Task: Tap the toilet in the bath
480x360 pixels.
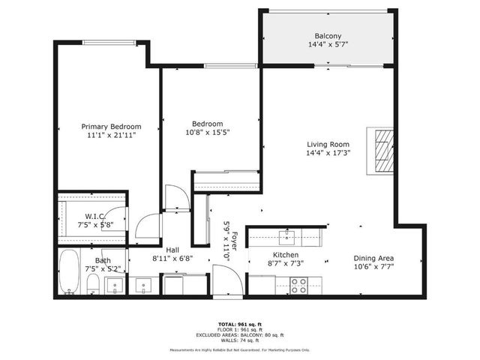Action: (93, 283)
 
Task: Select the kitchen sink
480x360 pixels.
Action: (286, 238)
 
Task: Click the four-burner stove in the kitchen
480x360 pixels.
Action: (298, 285)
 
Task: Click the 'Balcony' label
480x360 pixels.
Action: (328, 36)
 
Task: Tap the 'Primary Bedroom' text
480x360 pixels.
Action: (111, 127)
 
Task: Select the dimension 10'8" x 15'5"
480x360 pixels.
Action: (207, 133)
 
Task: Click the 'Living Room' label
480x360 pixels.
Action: (328, 145)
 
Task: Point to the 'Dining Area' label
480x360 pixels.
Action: (374, 256)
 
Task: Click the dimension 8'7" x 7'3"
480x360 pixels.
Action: (286, 264)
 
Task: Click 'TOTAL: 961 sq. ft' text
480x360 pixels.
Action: (239, 322)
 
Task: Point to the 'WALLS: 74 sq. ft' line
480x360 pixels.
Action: (239, 340)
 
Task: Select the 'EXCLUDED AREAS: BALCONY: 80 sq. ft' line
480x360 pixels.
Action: (239, 334)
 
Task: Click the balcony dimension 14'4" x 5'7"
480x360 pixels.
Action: (328, 45)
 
